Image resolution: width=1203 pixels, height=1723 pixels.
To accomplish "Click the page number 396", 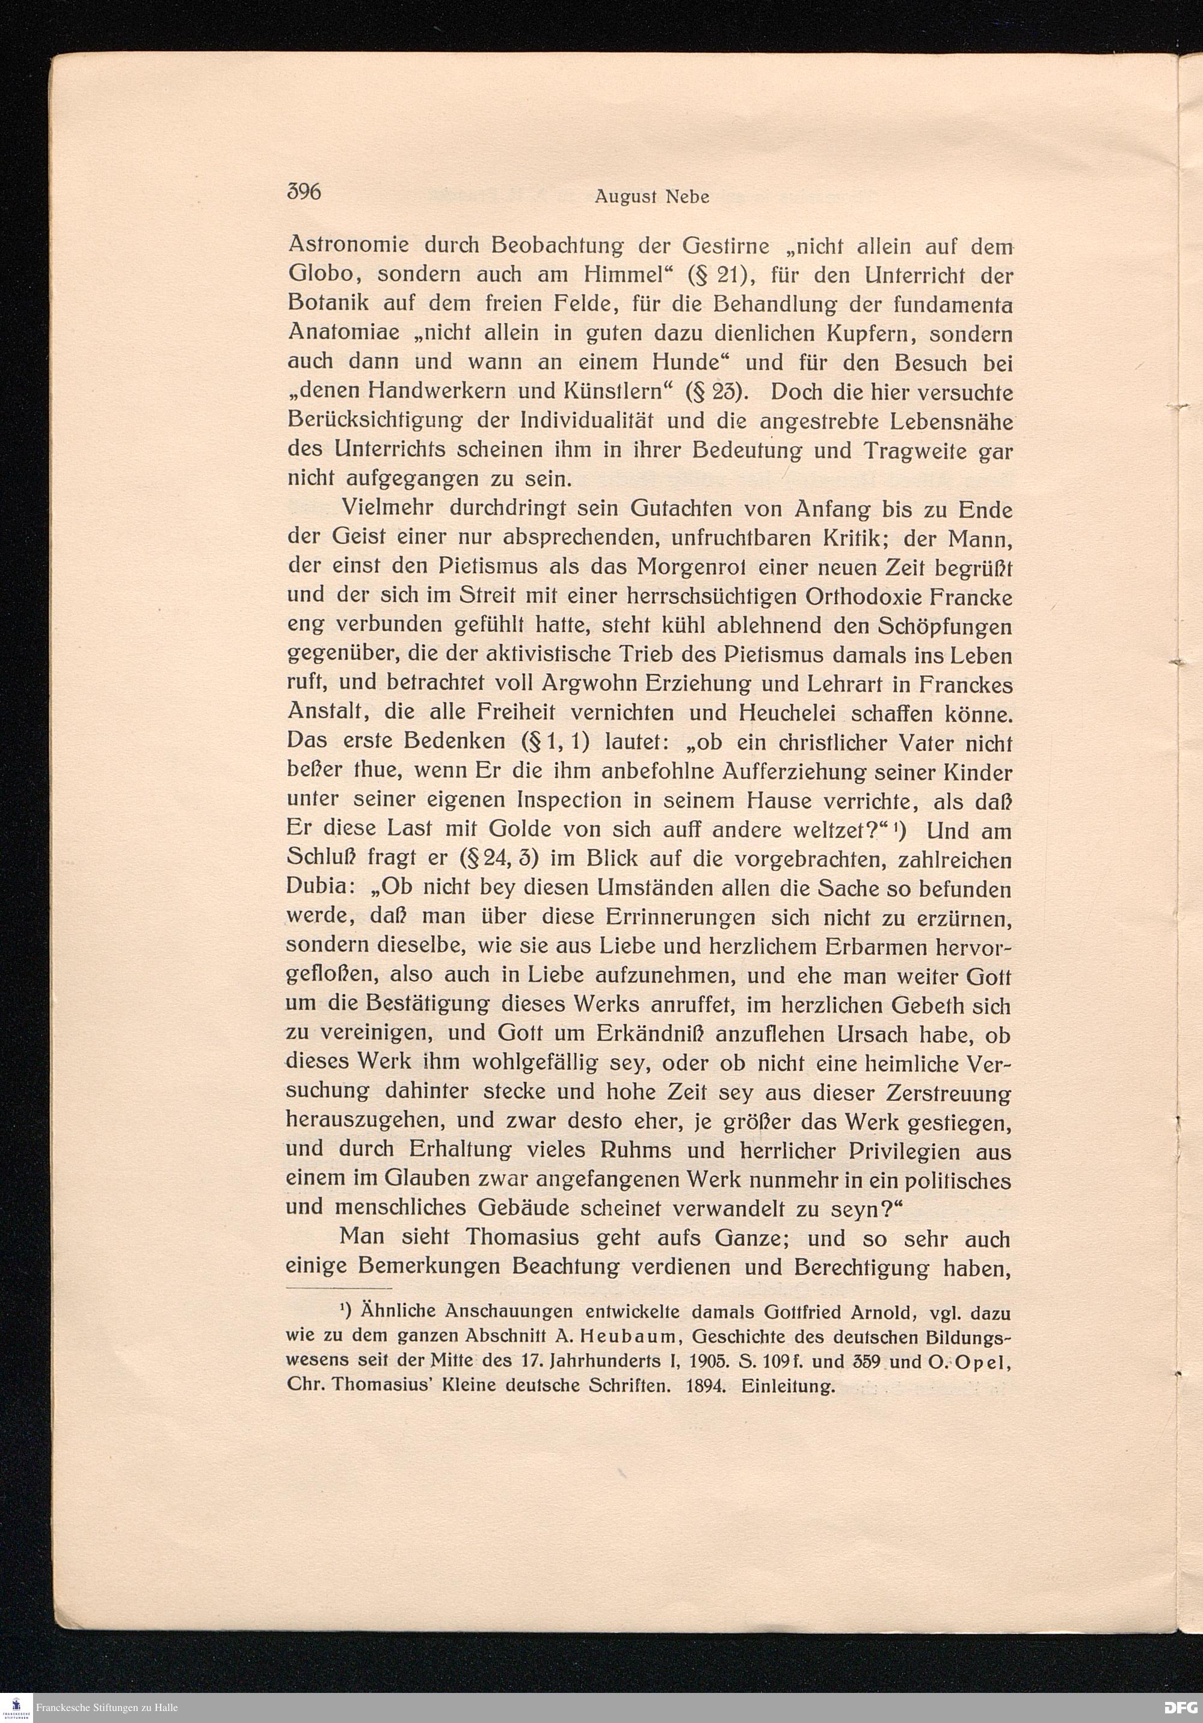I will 304,193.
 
